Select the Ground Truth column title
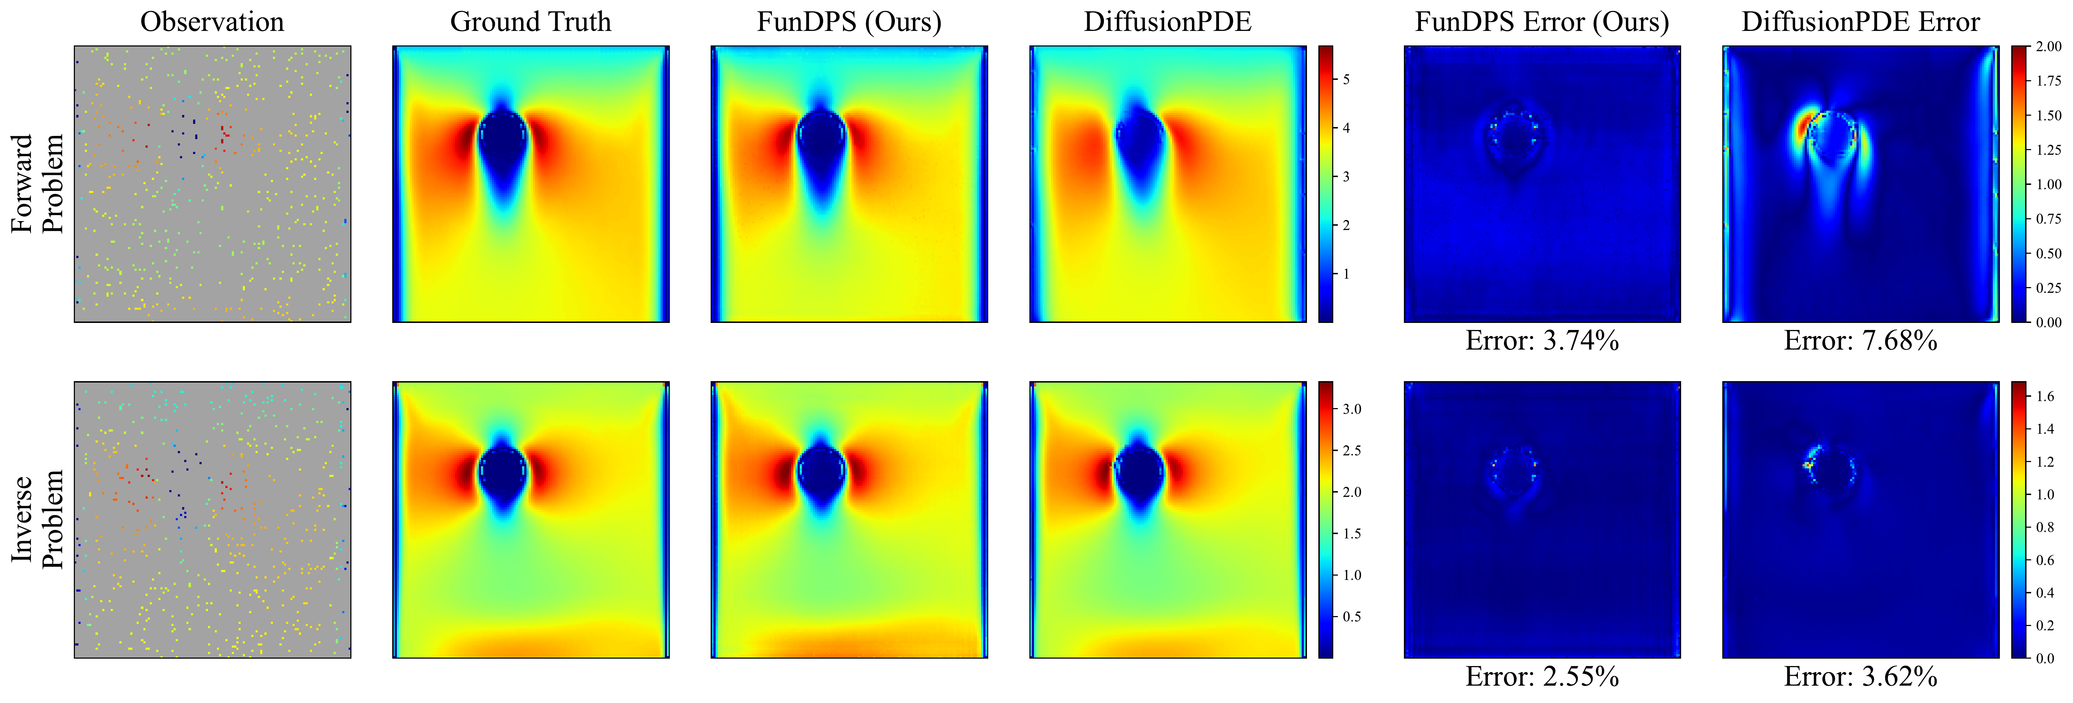click(530, 22)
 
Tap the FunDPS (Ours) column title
click(849, 22)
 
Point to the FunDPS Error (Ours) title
click(1542, 22)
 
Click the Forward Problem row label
click(36, 183)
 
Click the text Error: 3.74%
click(1542, 341)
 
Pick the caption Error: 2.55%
click(1542, 676)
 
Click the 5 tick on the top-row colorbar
click(1346, 79)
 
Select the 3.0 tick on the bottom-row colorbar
click(1352, 410)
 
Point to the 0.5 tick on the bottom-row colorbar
click(1352, 617)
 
